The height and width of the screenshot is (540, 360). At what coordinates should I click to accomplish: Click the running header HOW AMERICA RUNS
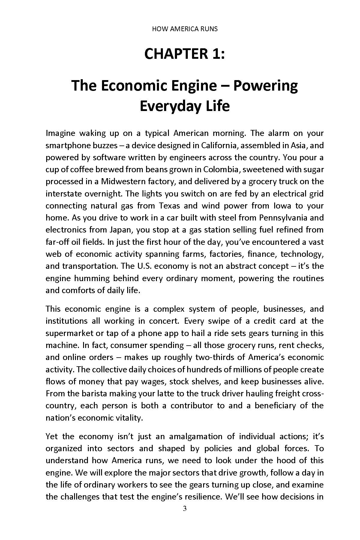[185, 29]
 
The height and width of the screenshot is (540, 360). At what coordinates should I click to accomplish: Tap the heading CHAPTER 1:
[184, 54]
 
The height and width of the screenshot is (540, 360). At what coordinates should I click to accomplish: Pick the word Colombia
[221, 169]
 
